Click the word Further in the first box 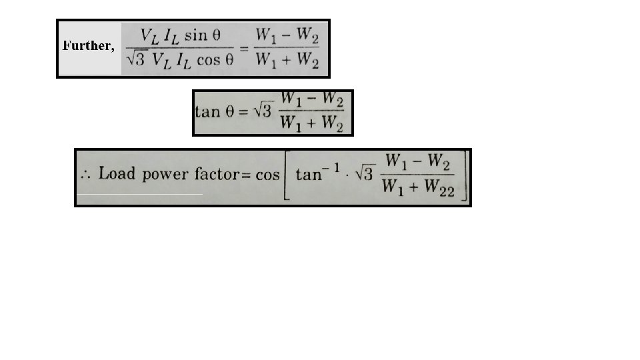pos(87,46)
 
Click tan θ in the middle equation pos(215,111)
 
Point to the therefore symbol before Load pos(85,177)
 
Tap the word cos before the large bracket pos(267,175)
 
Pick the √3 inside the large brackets pos(363,175)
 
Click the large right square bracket pos(465,176)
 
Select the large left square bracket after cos pos(287,176)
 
